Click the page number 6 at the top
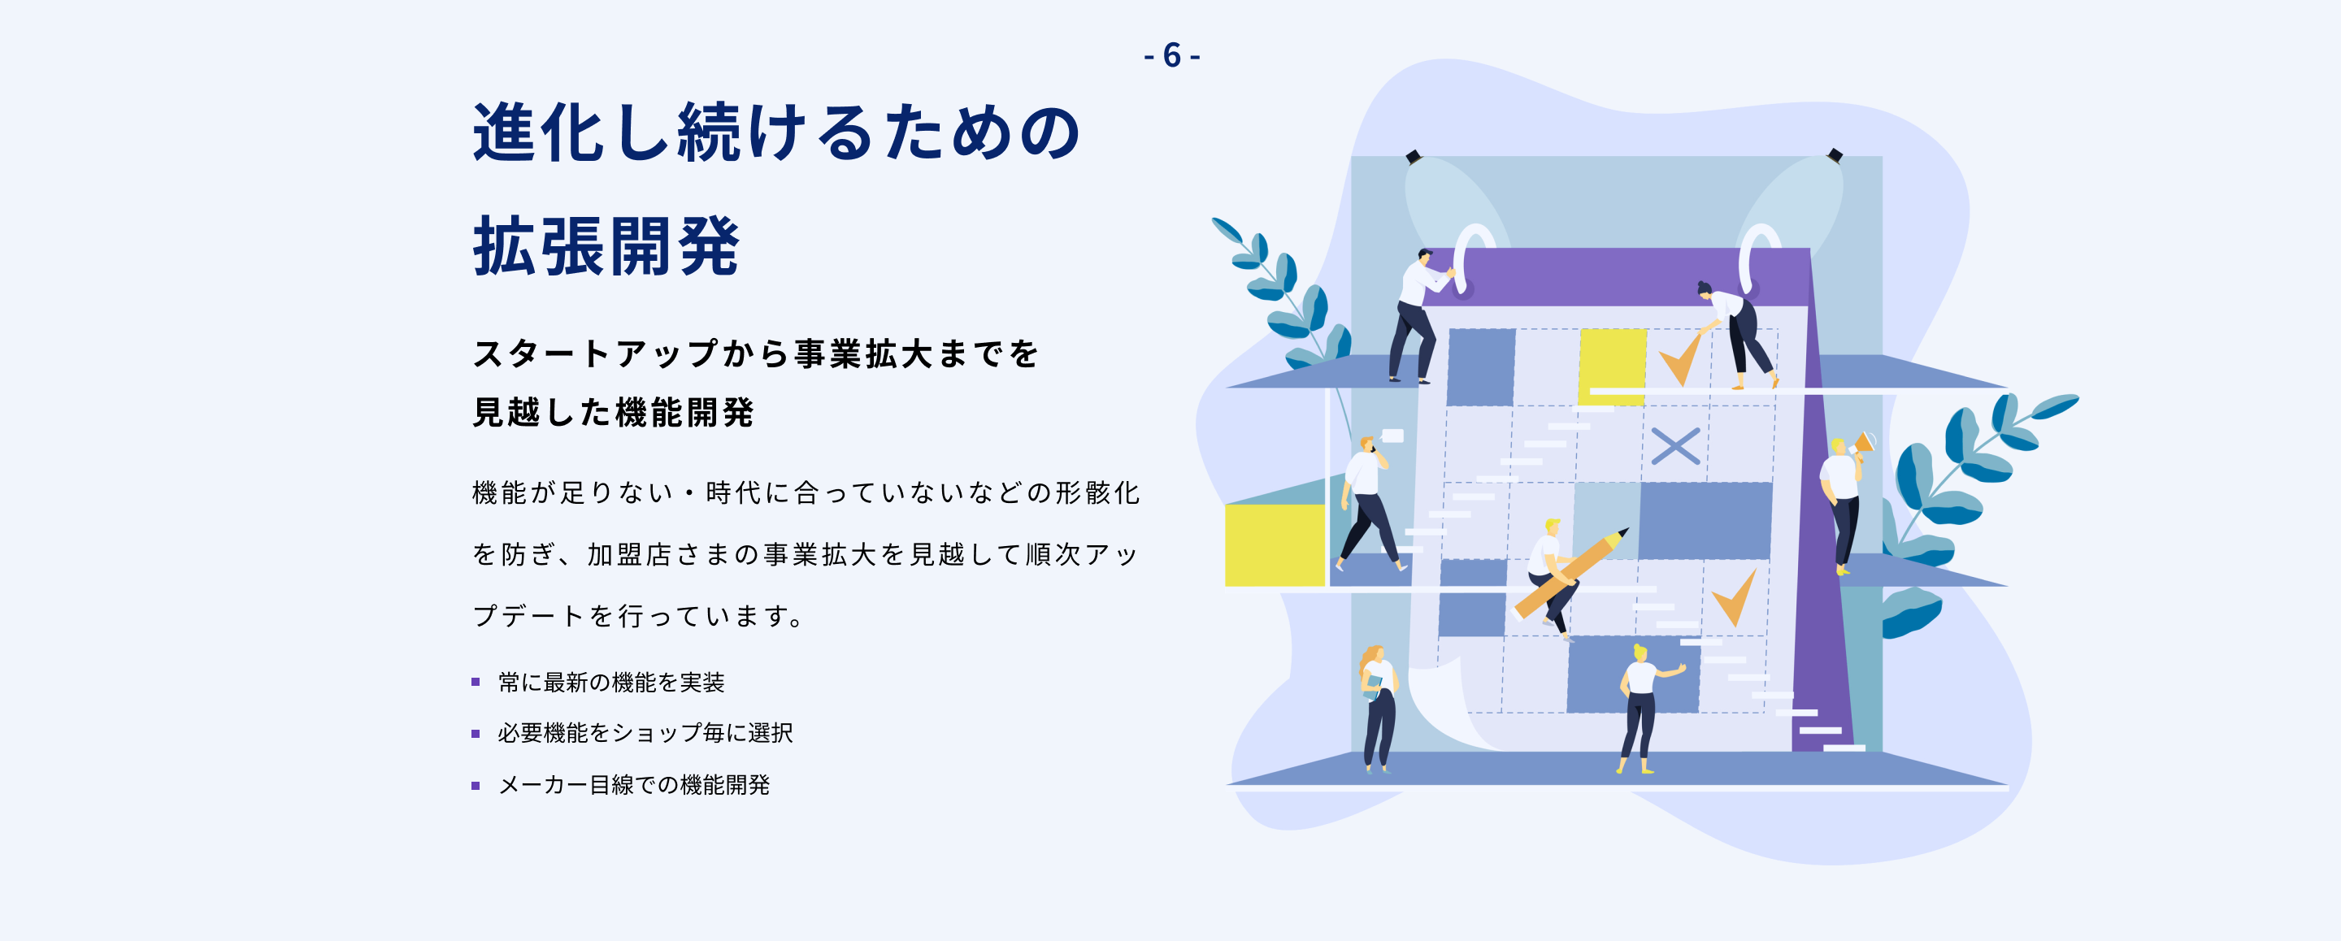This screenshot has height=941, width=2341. click(1171, 55)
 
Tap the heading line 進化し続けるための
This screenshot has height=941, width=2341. click(777, 132)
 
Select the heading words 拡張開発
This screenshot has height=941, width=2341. click(606, 246)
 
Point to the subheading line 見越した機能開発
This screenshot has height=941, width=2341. click(614, 412)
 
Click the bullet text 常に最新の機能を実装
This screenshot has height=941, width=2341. click(610, 682)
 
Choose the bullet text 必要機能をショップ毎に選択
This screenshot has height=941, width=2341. click(645, 733)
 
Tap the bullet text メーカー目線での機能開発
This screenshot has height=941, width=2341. click(633, 785)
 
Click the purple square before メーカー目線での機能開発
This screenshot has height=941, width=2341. click(476, 786)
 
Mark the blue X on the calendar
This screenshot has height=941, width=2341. click(1674, 446)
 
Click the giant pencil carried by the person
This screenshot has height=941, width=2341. click(1571, 573)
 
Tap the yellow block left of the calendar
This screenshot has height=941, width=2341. click(1274, 545)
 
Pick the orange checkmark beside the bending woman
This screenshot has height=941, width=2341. click(1680, 359)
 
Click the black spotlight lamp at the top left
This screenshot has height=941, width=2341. click(1414, 157)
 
